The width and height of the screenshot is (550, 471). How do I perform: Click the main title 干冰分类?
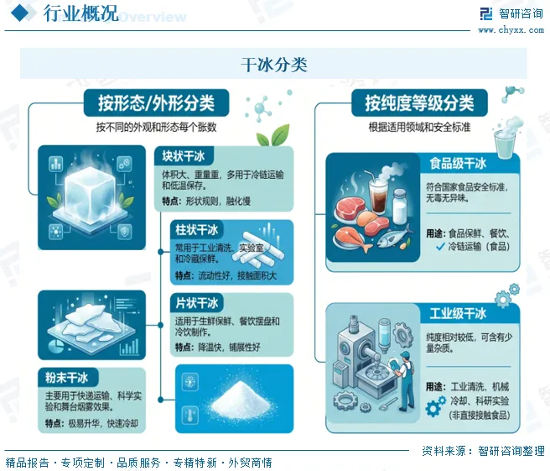[274, 65]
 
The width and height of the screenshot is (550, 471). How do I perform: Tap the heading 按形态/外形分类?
[156, 103]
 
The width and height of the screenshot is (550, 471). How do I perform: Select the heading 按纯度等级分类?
[419, 103]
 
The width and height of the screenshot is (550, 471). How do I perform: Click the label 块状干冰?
[183, 156]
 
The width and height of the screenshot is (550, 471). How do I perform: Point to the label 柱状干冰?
[196, 230]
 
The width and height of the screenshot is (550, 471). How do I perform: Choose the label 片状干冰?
[196, 303]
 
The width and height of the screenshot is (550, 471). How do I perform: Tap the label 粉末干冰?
[66, 378]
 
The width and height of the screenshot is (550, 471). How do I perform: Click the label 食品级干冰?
[458, 164]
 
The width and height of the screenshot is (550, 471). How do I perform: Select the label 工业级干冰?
[458, 313]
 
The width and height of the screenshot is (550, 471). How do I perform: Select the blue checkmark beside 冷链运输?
[440, 247]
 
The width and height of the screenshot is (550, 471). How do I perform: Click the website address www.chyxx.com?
[511, 30]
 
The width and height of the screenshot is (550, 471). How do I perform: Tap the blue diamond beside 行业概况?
[23, 13]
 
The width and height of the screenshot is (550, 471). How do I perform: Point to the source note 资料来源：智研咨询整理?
[484, 451]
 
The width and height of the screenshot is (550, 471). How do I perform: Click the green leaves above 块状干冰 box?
[272, 135]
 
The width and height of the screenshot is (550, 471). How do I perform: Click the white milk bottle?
[399, 207]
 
